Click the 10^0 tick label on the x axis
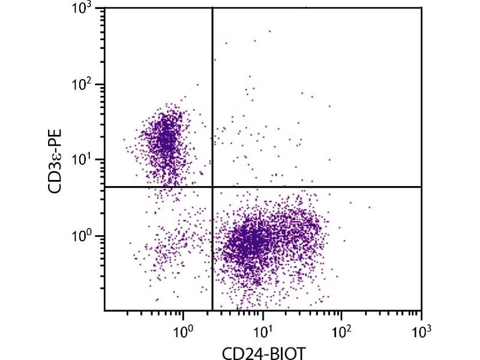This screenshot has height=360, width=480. pos(183,329)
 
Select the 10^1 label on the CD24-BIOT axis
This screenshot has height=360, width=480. pos(262,329)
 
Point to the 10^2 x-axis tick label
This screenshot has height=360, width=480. pos(341,329)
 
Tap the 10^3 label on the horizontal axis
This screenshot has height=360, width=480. pos(421,329)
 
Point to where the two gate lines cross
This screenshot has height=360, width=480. pos(212,187)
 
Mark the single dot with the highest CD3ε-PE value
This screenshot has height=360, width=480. pos(269,31)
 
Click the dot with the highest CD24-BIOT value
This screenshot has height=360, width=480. pos(370,208)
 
